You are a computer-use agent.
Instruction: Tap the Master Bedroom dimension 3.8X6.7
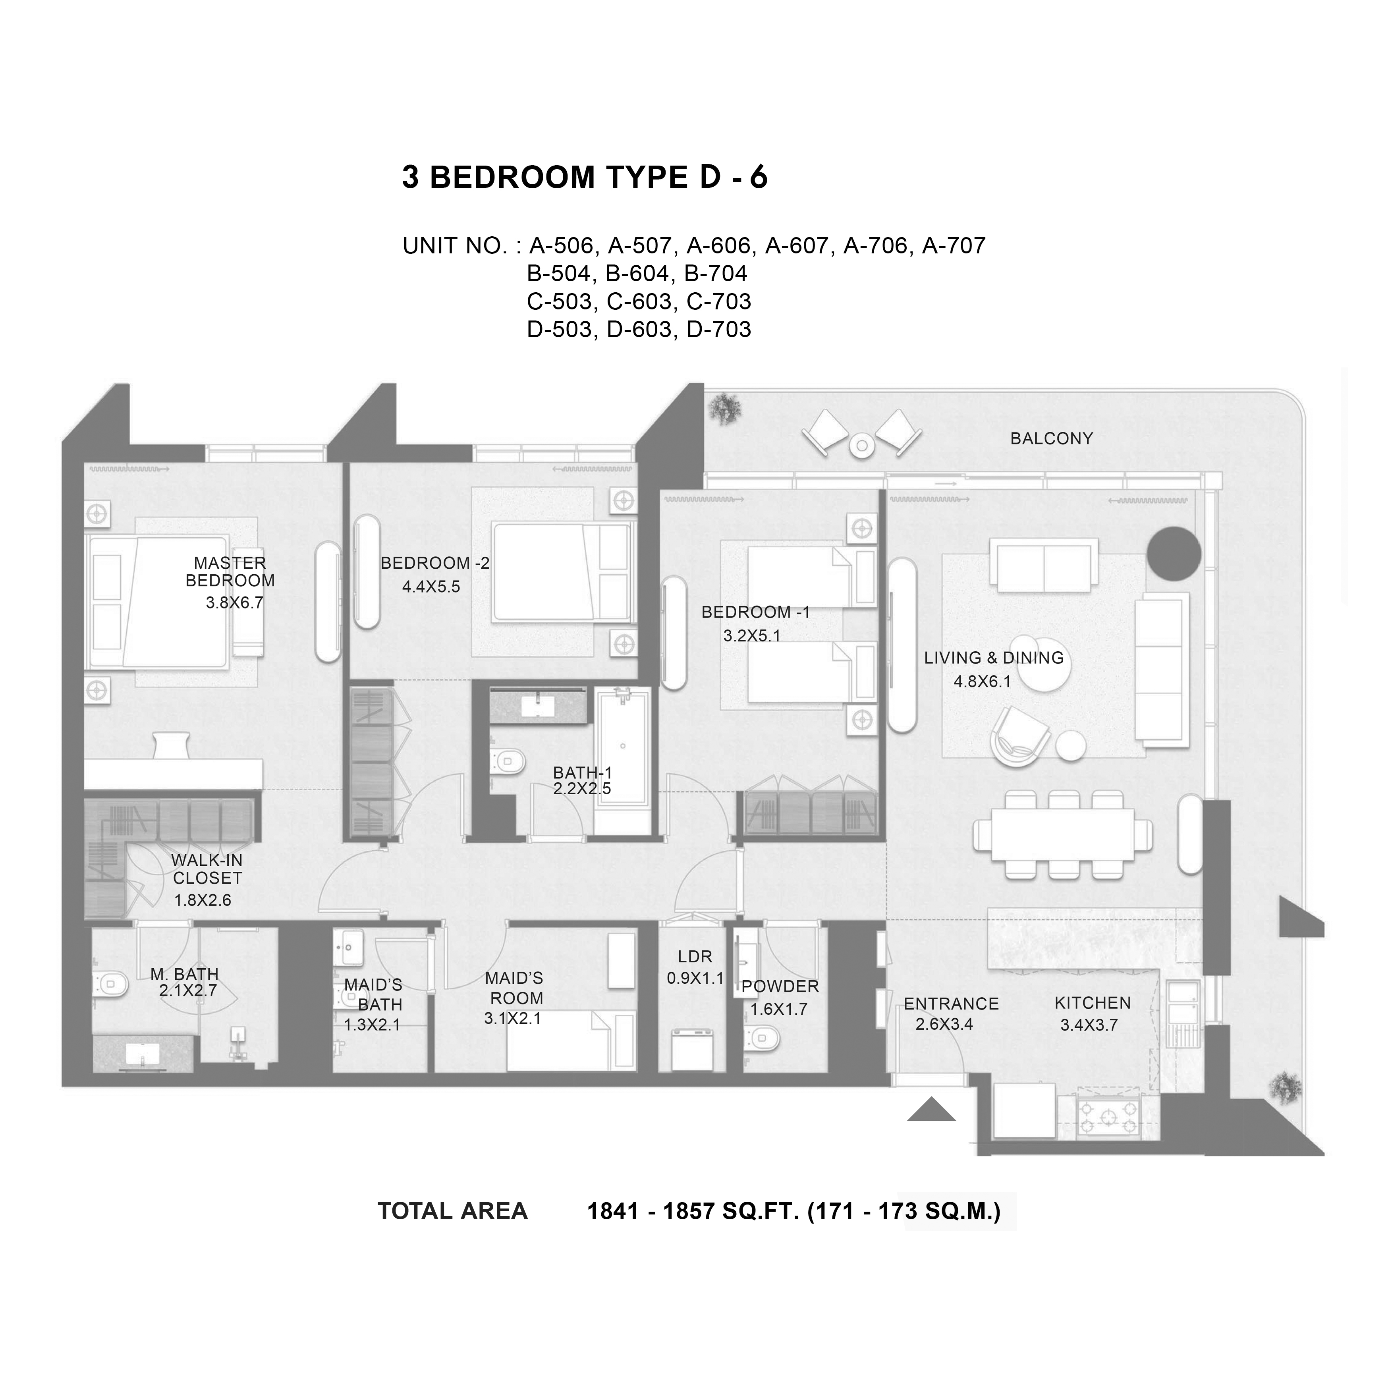point(235,603)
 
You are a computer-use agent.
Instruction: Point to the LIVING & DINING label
point(994,658)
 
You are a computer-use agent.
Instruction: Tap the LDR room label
point(695,956)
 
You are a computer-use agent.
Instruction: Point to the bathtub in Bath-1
point(623,761)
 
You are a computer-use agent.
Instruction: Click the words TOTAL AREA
point(452,1211)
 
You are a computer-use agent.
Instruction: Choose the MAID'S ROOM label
point(514,988)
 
